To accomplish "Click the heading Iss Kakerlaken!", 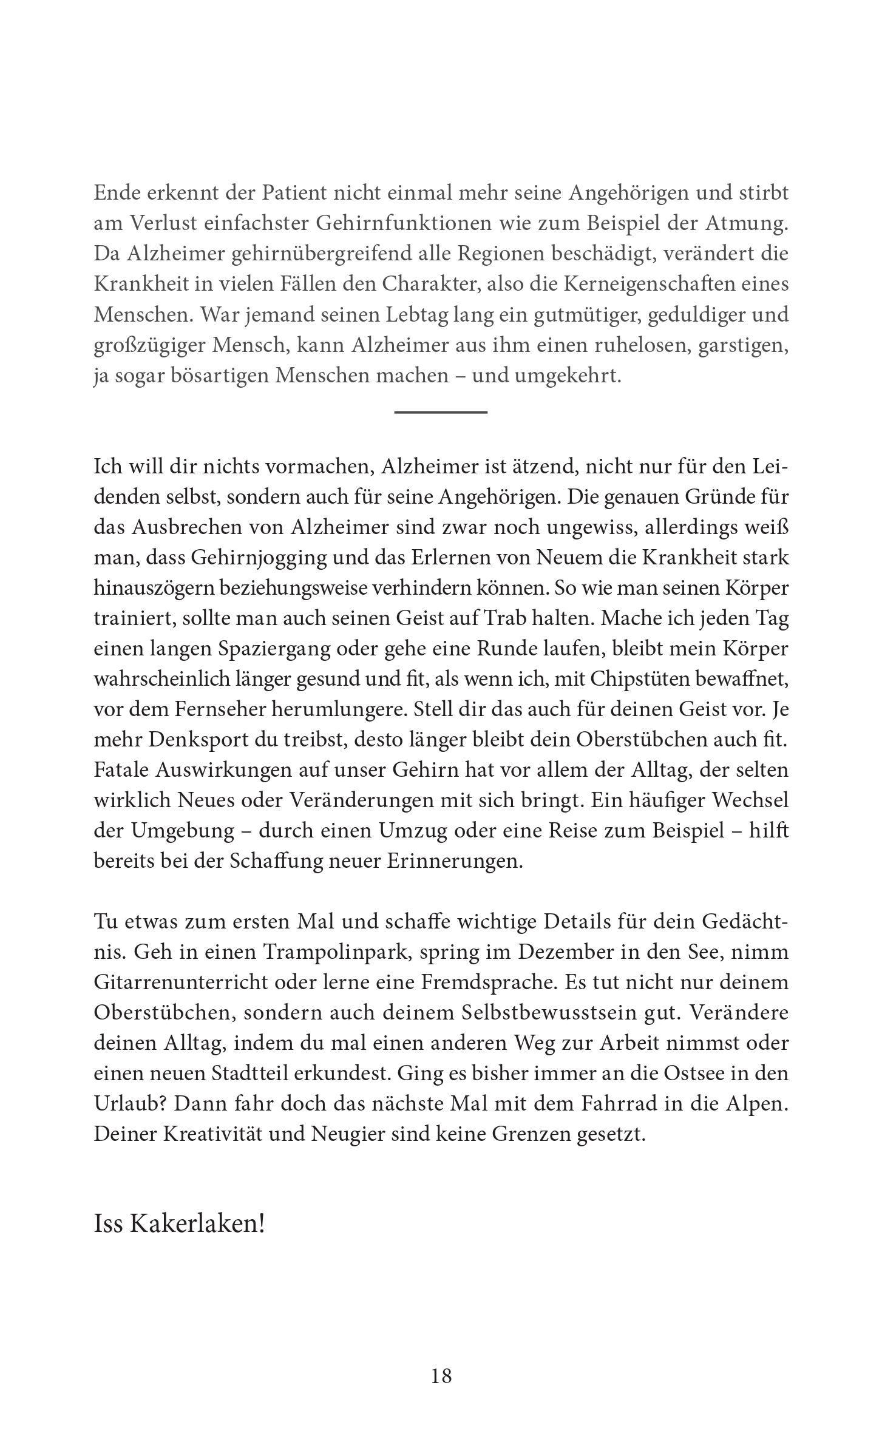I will pos(180,1224).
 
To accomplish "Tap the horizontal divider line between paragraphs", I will pos(441,412).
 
